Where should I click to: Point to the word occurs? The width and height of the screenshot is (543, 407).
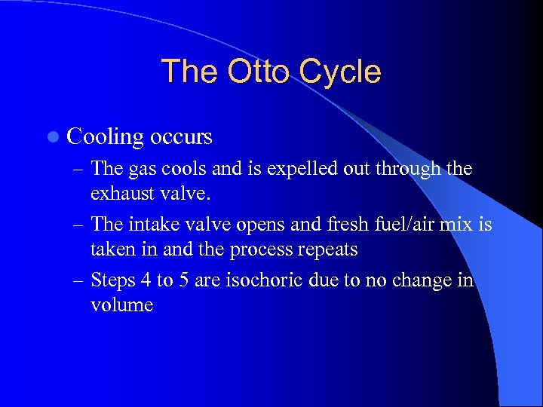coord(181,137)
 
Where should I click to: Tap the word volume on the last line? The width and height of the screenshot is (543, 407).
coord(121,304)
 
